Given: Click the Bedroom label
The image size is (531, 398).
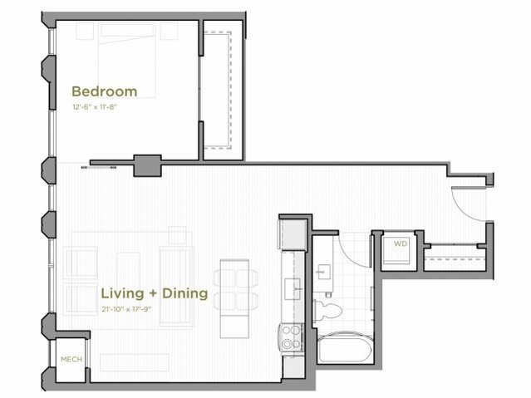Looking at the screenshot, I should (104, 91).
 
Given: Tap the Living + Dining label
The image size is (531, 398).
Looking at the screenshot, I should (143, 294).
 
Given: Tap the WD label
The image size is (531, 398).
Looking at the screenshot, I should (400, 244).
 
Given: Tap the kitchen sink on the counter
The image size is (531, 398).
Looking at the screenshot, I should (293, 287).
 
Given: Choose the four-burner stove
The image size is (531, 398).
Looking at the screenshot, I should (293, 337).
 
